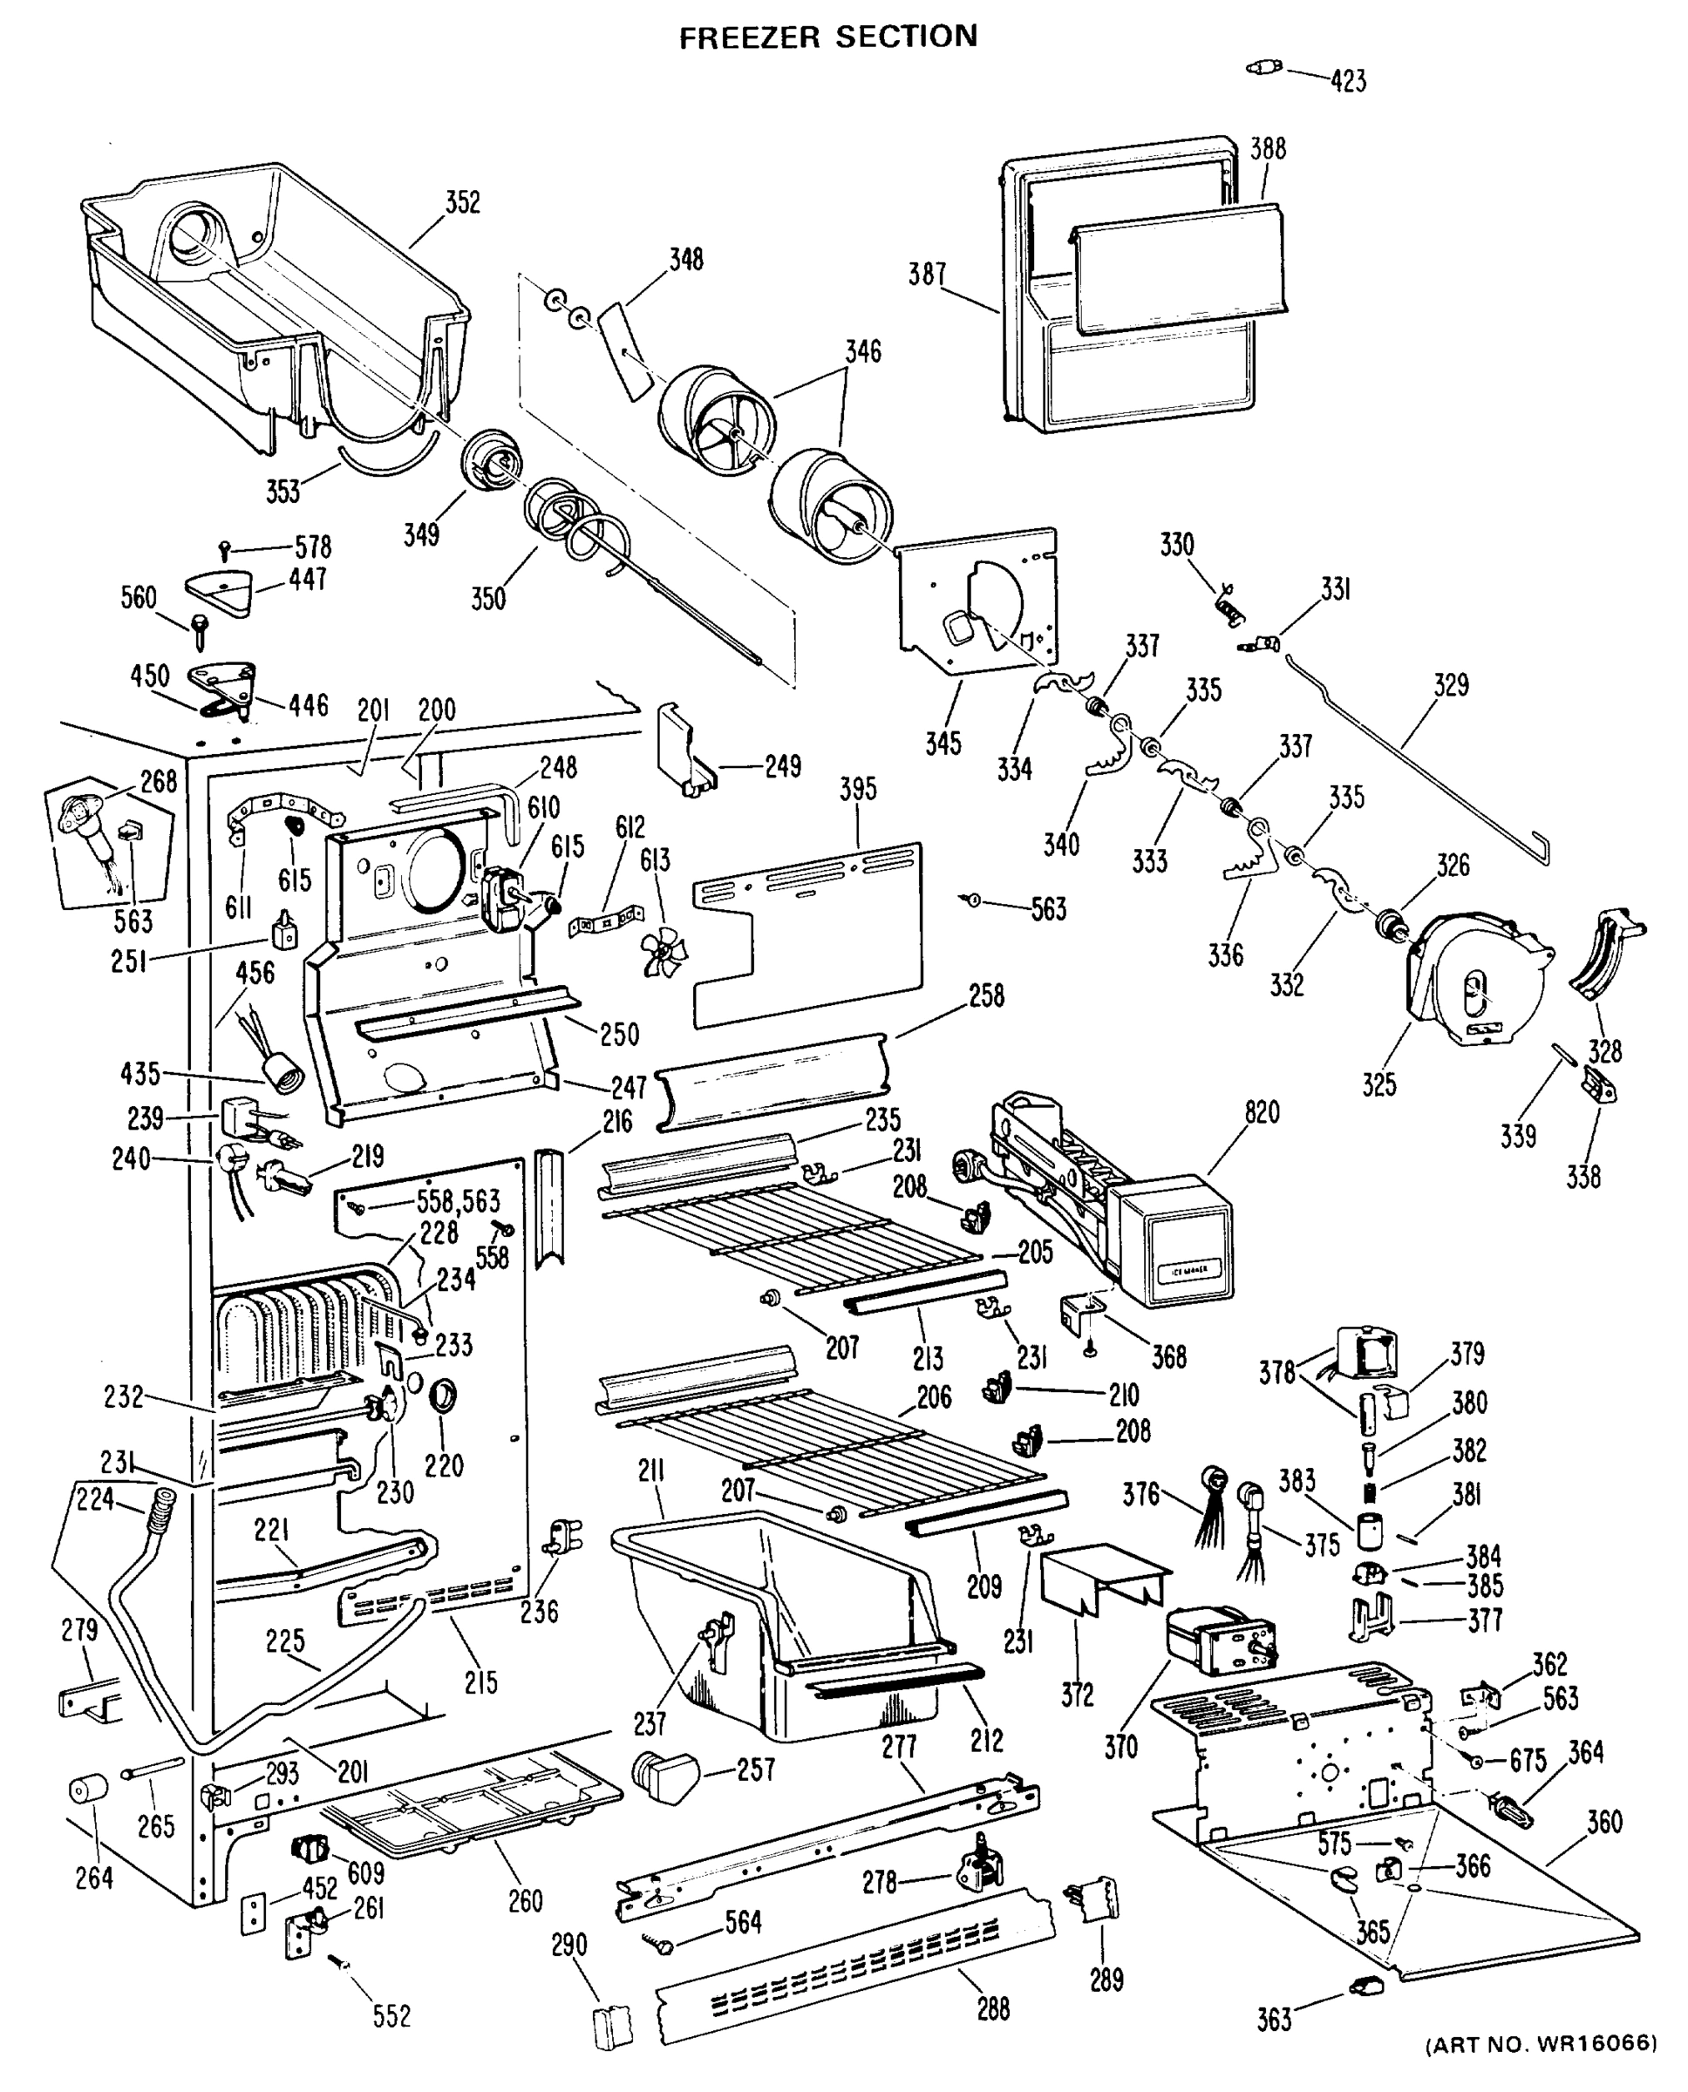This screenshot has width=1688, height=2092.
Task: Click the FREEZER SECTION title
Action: click(827, 37)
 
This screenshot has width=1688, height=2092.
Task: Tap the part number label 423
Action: click(1348, 81)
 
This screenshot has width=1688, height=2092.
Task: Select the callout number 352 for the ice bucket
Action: click(463, 201)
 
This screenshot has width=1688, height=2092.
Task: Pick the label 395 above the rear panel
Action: click(859, 788)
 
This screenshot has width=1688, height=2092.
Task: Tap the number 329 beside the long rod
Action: click(1451, 684)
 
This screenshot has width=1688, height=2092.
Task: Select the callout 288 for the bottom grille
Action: click(993, 2008)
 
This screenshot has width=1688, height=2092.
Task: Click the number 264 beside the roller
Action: click(94, 1878)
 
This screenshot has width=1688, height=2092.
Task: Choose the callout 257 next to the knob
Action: click(756, 1769)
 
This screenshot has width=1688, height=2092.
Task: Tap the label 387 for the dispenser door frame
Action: click(928, 274)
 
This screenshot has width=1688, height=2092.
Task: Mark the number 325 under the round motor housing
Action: click(1378, 1083)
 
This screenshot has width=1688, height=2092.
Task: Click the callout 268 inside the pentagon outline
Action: click(159, 781)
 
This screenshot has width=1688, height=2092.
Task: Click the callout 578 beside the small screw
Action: click(312, 547)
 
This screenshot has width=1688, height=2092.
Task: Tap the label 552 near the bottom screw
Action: click(391, 2016)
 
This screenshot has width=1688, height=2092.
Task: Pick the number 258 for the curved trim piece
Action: click(986, 995)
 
